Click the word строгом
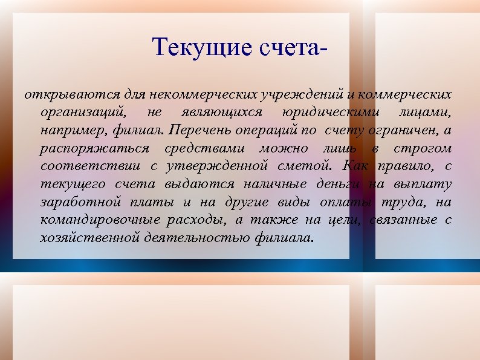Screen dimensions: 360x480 pyautogui.click(x=422, y=148)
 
